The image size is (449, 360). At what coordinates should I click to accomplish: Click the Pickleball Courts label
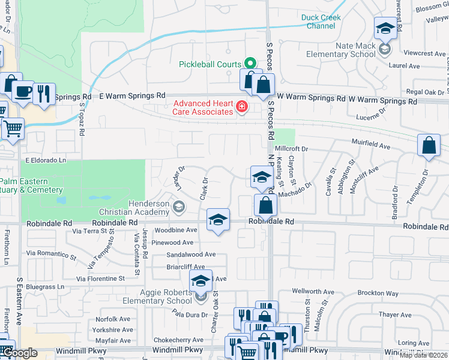pos(210,64)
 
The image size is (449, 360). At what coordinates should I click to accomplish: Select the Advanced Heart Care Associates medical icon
pos(241,107)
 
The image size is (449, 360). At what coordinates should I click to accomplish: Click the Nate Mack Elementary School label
pos(340,50)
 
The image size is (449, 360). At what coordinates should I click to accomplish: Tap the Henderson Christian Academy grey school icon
pos(178,208)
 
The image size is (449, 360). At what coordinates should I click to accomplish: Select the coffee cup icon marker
pos(23,92)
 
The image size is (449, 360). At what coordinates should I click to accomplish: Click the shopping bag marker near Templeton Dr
pos(429,145)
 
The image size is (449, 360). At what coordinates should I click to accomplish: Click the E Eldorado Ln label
pos(46,161)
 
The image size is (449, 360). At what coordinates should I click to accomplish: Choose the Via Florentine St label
pos(100,278)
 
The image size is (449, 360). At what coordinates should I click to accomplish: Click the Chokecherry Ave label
pos(178,340)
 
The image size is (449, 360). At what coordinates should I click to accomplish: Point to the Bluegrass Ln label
pos(44,287)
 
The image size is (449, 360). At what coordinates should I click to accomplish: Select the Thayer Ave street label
pos(395,314)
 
